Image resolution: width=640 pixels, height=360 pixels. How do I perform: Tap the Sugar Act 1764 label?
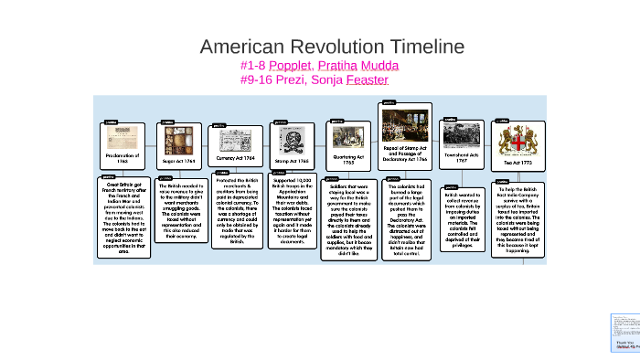point(178,161)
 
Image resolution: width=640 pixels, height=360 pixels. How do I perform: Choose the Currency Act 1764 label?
point(236,158)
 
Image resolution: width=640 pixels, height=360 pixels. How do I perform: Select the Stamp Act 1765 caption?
point(292,161)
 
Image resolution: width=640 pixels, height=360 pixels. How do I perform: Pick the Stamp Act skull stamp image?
point(292,140)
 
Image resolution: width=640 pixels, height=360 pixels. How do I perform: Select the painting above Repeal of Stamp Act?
point(405,124)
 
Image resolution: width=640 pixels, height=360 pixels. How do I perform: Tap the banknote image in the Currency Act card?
point(236,141)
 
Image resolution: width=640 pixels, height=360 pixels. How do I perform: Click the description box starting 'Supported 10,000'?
point(292,212)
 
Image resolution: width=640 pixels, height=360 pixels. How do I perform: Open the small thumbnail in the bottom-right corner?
point(623,334)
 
